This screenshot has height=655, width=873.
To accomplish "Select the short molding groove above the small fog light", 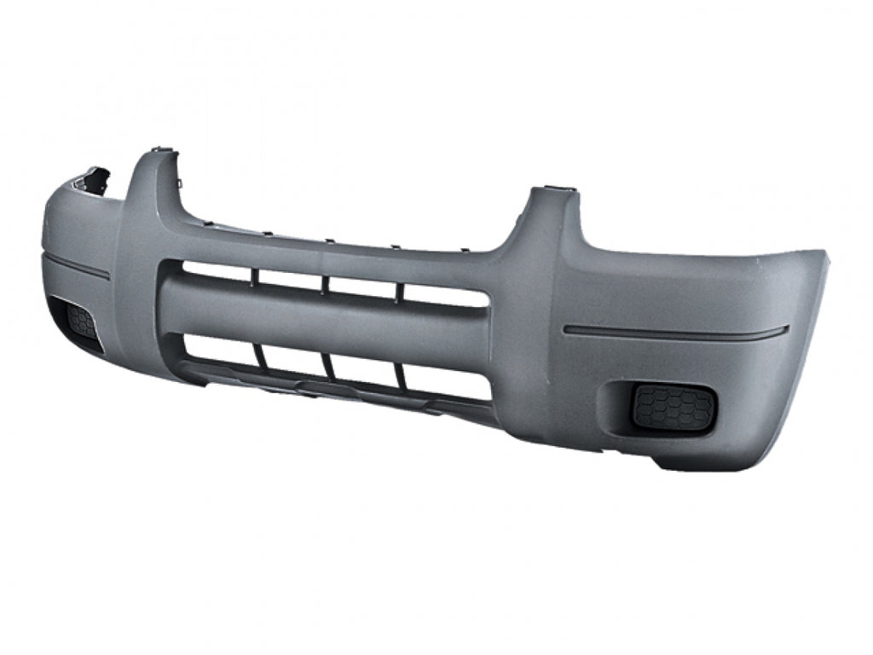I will pyautogui.click(x=77, y=265).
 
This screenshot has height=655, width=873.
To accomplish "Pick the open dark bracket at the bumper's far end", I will pyautogui.click(x=92, y=180).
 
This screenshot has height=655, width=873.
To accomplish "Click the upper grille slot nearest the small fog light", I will pyautogui.click(x=217, y=272).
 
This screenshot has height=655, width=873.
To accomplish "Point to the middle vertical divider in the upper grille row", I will pyautogui.click(x=324, y=283).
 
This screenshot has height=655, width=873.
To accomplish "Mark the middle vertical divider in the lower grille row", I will pyautogui.click(x=327, y=365).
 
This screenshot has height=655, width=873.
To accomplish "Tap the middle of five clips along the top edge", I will pyautogui.click(x=326, y=241).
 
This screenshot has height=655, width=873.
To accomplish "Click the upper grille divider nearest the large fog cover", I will pyautogui.click(x=399, y=291).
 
